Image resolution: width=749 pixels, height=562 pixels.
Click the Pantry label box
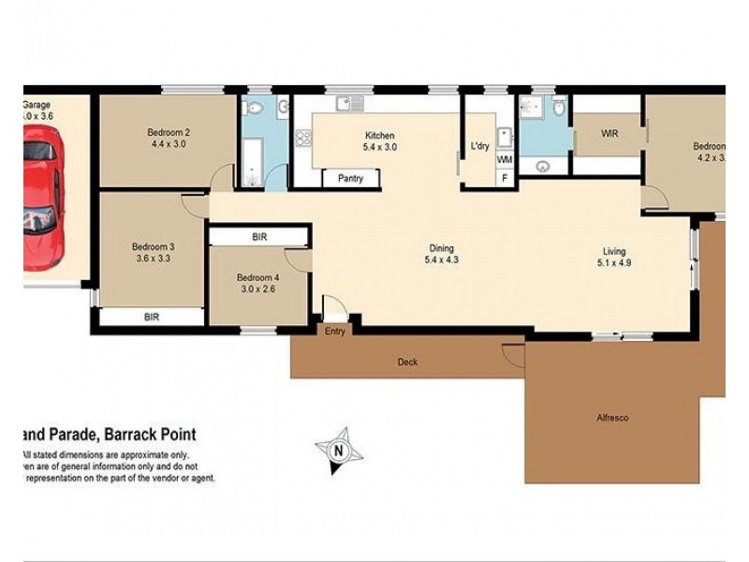[350, 178]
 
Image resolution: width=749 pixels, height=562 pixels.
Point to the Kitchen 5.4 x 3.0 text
[379, 140]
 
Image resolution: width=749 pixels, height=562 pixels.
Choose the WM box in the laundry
[505, 159]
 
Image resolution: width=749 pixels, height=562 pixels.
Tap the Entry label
[334, 331]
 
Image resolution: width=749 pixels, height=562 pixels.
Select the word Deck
[407, 362]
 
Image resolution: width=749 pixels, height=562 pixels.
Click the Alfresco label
[613, 417]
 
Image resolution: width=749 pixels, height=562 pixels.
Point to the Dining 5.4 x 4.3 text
[442, 255]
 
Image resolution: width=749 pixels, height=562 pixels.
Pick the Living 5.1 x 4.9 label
[614, 256]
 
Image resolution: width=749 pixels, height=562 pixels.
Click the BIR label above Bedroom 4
[259, 238]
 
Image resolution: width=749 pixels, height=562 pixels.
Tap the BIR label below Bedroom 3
[152, 318]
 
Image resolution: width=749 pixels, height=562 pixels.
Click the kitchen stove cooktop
[303, 139]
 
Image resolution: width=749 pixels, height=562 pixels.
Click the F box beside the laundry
[505, 177]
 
